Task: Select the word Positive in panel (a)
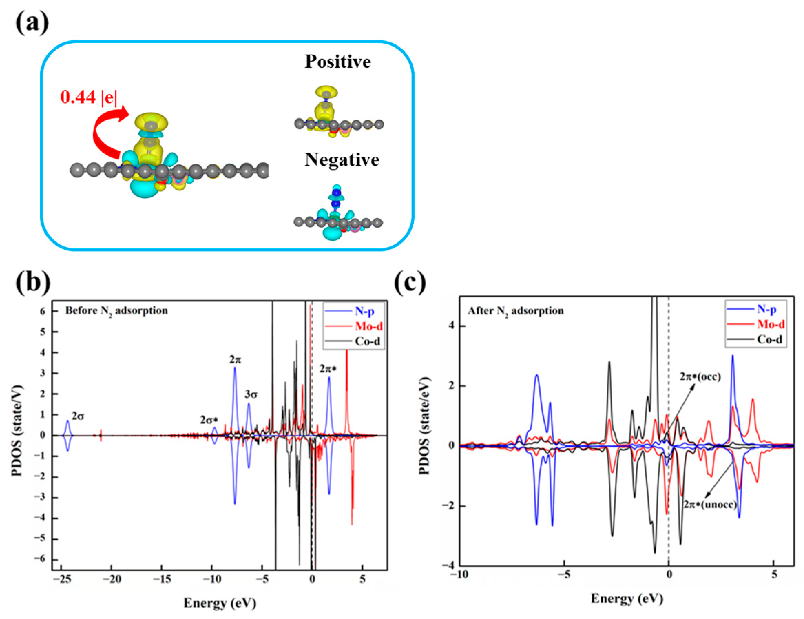coord(337,62)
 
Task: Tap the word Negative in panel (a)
coord(342,160)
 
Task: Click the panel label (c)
coord(410,282)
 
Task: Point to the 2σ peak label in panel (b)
coord(78,416)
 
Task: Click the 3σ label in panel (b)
coord(251,395)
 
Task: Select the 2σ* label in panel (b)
coord(209,420)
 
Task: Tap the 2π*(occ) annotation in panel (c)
coord(700,377)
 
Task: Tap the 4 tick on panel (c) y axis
coord(451,326)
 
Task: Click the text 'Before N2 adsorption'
coord(116,311)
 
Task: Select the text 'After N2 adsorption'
coord(515,311)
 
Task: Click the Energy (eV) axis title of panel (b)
coord(219,603)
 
